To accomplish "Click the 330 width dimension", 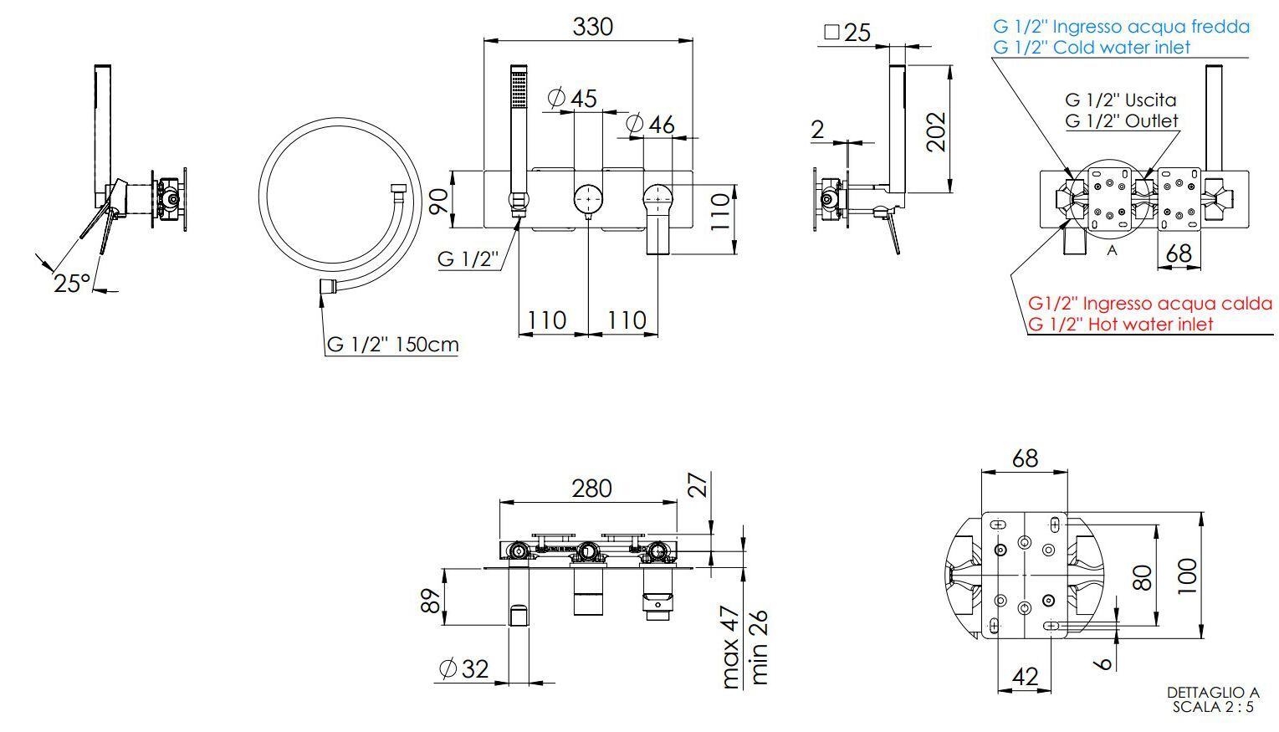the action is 593,27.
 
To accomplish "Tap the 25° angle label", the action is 72,284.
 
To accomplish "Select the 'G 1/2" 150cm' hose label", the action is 393,345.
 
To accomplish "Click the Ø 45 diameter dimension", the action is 572,98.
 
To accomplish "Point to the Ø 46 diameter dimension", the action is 650,124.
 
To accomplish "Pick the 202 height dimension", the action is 936,132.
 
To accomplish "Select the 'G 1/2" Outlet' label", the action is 1122,121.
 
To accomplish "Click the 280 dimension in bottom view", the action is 591,489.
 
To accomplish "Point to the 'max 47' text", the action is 731,647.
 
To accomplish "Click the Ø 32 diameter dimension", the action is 464,668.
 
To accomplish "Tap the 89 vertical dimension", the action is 431,600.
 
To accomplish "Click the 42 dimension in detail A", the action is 1025,677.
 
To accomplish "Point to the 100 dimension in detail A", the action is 1187,576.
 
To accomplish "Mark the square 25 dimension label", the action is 847,33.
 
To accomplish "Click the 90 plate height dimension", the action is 438,202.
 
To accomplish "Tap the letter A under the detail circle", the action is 1111,250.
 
